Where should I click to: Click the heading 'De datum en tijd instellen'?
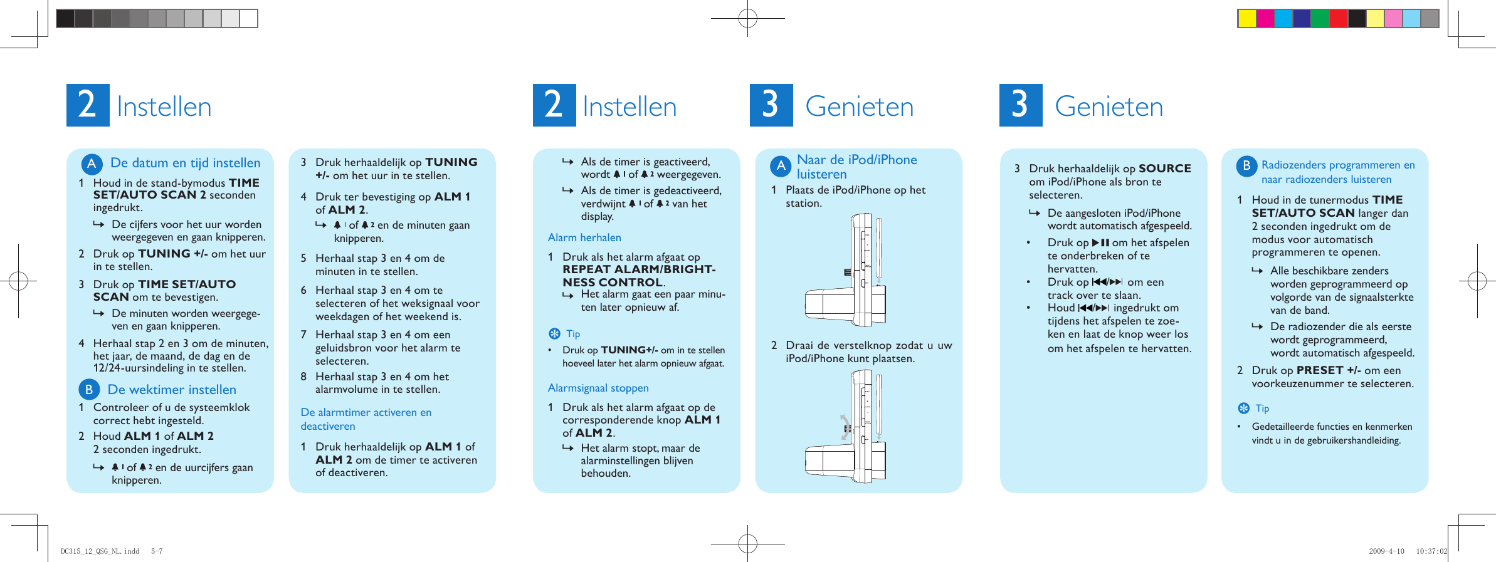(x=185, y=163)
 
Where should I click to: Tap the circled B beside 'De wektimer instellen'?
(x=89, y=389)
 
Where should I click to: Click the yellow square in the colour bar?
(x=1247, y=19)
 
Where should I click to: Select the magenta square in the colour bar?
(x=1265, y=19)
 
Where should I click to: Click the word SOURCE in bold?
(x=1164, y=169)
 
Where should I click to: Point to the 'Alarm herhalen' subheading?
(x=584, y=237)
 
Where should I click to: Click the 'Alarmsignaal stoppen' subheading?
(x=598, y=388)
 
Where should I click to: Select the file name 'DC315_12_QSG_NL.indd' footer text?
(x=100, y=551)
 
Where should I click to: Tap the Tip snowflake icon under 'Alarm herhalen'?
(x=554, y=333)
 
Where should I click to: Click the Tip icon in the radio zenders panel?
(x=1244, y=408)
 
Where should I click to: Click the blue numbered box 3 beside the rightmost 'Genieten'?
(x=1020, y=105)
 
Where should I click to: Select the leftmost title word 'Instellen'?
(x=164, y=107)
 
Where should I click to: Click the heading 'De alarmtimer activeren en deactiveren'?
(x=366, y=419)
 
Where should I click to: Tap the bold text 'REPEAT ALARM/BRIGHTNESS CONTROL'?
(x=638, y=276)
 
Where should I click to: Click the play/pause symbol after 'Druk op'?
(x=1100, y=242)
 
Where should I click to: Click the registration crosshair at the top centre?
(x=747, y=18)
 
